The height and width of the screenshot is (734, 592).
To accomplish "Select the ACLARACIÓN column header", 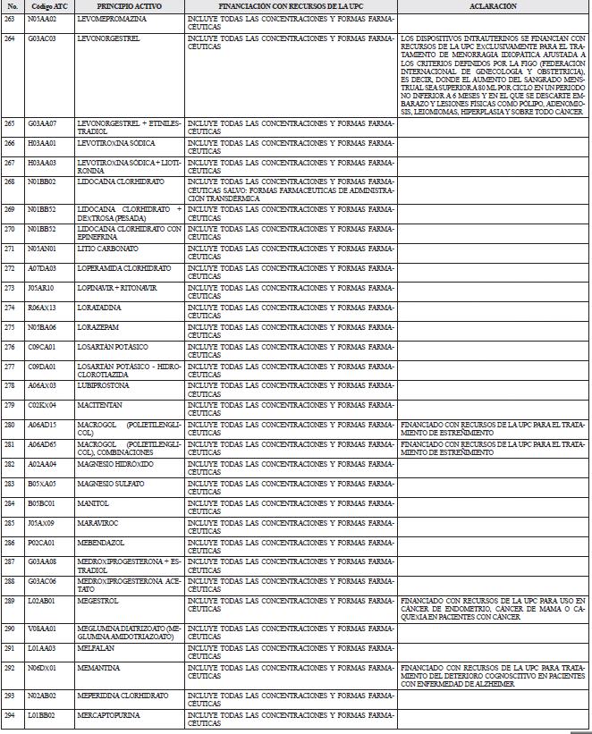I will pyautogui.click(x=493, y=6).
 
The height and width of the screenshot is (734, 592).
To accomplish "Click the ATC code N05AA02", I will pyautogui.click(x=42, y=18).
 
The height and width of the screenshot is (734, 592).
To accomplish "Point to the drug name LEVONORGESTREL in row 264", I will pyautogui.click(x=105, y=38).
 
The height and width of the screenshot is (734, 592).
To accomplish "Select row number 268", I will pyautogui.click(x=9, y=181).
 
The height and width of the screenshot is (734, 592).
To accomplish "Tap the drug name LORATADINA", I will pyautogui.click(x=99, y=307).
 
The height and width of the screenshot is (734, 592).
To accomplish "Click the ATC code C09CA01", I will pyautogui.click(x=42, y=346).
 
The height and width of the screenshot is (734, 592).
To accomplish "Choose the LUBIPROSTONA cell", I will pyautogui.click(x=104, y=385).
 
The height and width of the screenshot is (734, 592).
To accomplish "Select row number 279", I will pyautogui.click(x=9, y=405).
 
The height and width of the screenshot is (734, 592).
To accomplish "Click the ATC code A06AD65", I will pyautogui.click(x=42, y=444).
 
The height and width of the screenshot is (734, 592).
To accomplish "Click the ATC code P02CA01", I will pyautogui.click(x=42, y=543).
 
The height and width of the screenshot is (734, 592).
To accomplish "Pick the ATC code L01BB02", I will pyautogui.click(x=42, y=714).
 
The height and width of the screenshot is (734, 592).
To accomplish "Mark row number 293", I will pyautogui.click(x=9, y=695).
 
